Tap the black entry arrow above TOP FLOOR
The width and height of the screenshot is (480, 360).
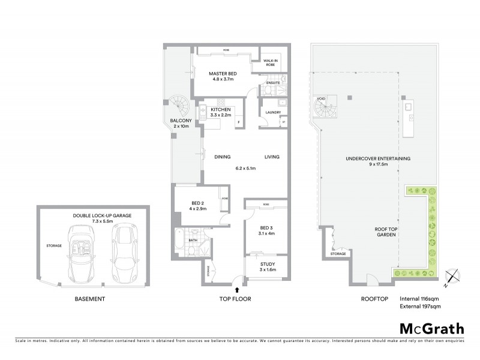pyautogui.click(x=238, y=290)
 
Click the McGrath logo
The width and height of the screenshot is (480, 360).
pyautogui.click(x=431, y=329)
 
